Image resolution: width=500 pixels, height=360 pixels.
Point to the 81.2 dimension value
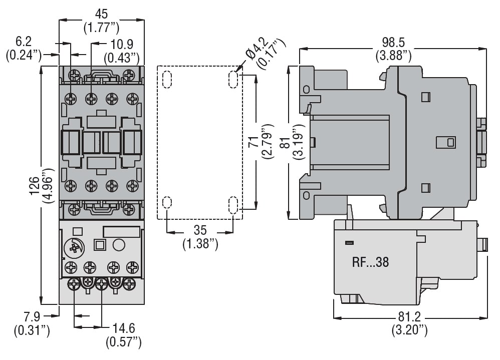409,317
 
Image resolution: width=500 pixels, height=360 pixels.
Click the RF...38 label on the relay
370,261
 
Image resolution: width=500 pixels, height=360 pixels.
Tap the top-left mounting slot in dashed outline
167,79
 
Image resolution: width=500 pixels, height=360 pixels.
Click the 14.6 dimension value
124,328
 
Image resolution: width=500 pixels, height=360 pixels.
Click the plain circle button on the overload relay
119,245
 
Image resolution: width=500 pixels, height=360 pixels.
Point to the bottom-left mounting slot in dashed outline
167,203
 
